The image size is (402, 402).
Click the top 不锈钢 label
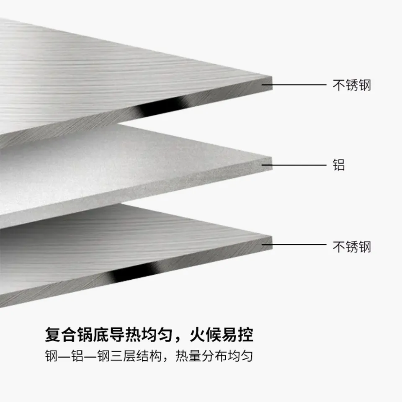[x=352, y=85]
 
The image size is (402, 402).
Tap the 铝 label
[x=339, y=165]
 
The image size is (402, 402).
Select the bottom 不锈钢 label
[x=352, y=247]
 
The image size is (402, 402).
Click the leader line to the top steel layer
[x=294, y=85]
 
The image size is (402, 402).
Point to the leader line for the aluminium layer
[x=294, y=165]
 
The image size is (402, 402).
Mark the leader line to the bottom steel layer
[x=294, y=244]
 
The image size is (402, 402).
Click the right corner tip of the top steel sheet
[x=272, y=76]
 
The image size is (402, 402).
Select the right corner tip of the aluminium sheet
[x=272, y=157]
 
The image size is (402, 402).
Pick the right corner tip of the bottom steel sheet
[x=272, y=236]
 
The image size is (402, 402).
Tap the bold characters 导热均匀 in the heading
[x=141, y=335]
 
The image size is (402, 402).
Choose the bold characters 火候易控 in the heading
[x=222, y=335]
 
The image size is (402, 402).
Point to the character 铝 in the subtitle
[x=77, y=356]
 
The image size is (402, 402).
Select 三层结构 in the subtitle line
[x=136, y=356]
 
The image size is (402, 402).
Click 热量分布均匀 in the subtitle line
[x=214, y=356]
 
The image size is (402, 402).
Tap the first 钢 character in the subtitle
[x=51, y=356]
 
